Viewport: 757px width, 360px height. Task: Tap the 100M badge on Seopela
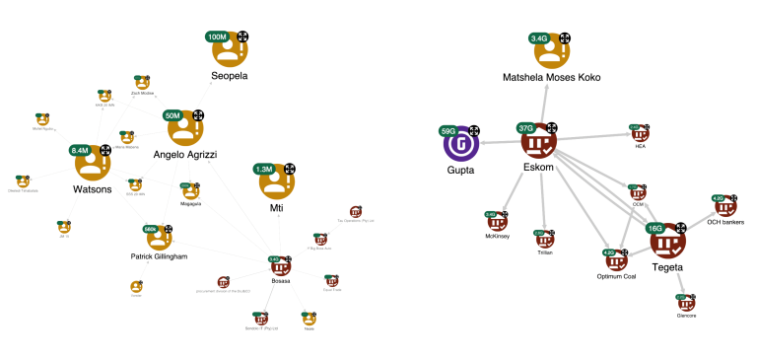tap(217, 36)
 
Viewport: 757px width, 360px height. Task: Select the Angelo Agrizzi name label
tap(184, 156)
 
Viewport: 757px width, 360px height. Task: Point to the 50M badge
tap(173, 115)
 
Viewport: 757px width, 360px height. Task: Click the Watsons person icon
tap(92, 164)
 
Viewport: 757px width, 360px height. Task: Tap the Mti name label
tap(277, 209)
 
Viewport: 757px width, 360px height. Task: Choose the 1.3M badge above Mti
tap(264, 169)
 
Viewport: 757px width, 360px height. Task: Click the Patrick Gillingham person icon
tap(155, 238)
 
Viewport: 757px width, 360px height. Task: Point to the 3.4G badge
tap(540, 38)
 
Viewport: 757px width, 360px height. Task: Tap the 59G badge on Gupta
tap(448, 130)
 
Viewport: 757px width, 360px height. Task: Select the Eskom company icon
tap(537, 143)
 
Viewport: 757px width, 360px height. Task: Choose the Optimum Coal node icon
tap(616, 260)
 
